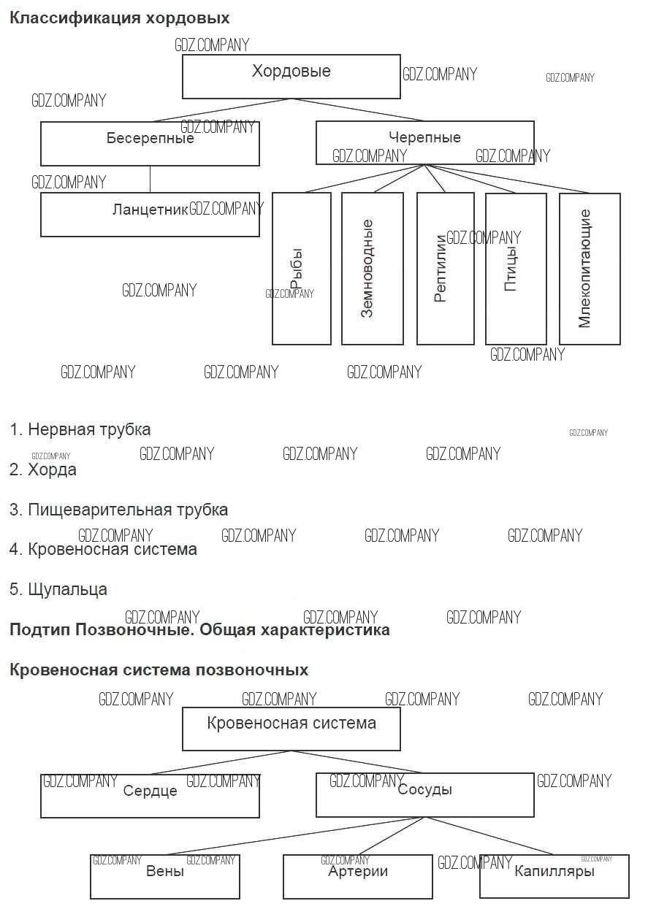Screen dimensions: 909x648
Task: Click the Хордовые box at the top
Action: click(291, 77)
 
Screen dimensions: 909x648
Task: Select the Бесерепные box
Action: click(150, 144)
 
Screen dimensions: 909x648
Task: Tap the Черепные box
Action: click(424, 142)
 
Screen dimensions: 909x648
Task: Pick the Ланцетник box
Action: click(150, 215)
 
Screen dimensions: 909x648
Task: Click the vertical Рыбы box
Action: click(301, 268)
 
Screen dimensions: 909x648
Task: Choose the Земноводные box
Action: click(372, 268)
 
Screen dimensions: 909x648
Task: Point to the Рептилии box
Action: click(445, 268)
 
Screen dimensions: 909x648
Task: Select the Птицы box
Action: click(515, 268)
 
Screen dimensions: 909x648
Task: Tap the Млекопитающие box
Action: click(589, 268)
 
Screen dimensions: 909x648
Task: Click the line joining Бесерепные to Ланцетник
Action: click(150, 180)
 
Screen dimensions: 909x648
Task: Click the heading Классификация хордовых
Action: click(119, 18)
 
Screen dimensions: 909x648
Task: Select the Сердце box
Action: click(150, 795)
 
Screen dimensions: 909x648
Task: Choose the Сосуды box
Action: click(424, 794)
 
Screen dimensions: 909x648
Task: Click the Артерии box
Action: click(357, 876)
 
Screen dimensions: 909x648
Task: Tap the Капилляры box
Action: click(554, 876)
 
